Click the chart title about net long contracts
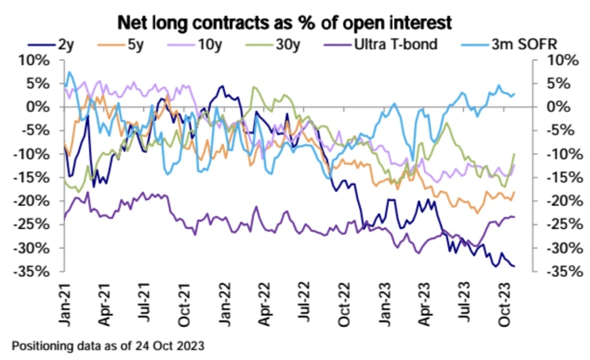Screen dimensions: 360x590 pos(284,23)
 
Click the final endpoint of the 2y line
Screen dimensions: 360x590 pos(514,266)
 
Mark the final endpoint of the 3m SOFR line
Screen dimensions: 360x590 pos(514,94)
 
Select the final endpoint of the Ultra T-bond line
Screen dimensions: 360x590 pos(514,216)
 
